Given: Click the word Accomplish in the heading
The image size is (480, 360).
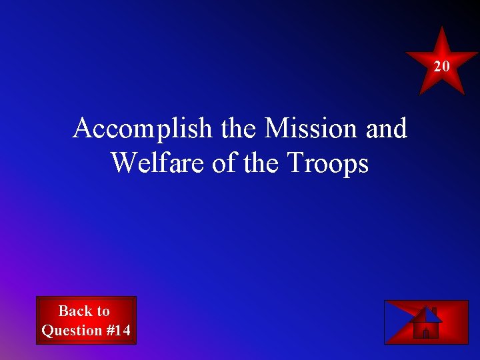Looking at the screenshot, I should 143,129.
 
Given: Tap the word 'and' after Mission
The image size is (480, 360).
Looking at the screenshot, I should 386,128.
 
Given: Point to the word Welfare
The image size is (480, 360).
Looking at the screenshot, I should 159,163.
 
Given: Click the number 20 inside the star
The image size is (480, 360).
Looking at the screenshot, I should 442,66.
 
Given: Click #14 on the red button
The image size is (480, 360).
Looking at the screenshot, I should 117,330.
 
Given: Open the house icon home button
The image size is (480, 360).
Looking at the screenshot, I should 426,323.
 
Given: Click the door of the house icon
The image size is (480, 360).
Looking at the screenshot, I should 425,333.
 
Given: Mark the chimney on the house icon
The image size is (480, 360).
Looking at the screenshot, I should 434,310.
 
